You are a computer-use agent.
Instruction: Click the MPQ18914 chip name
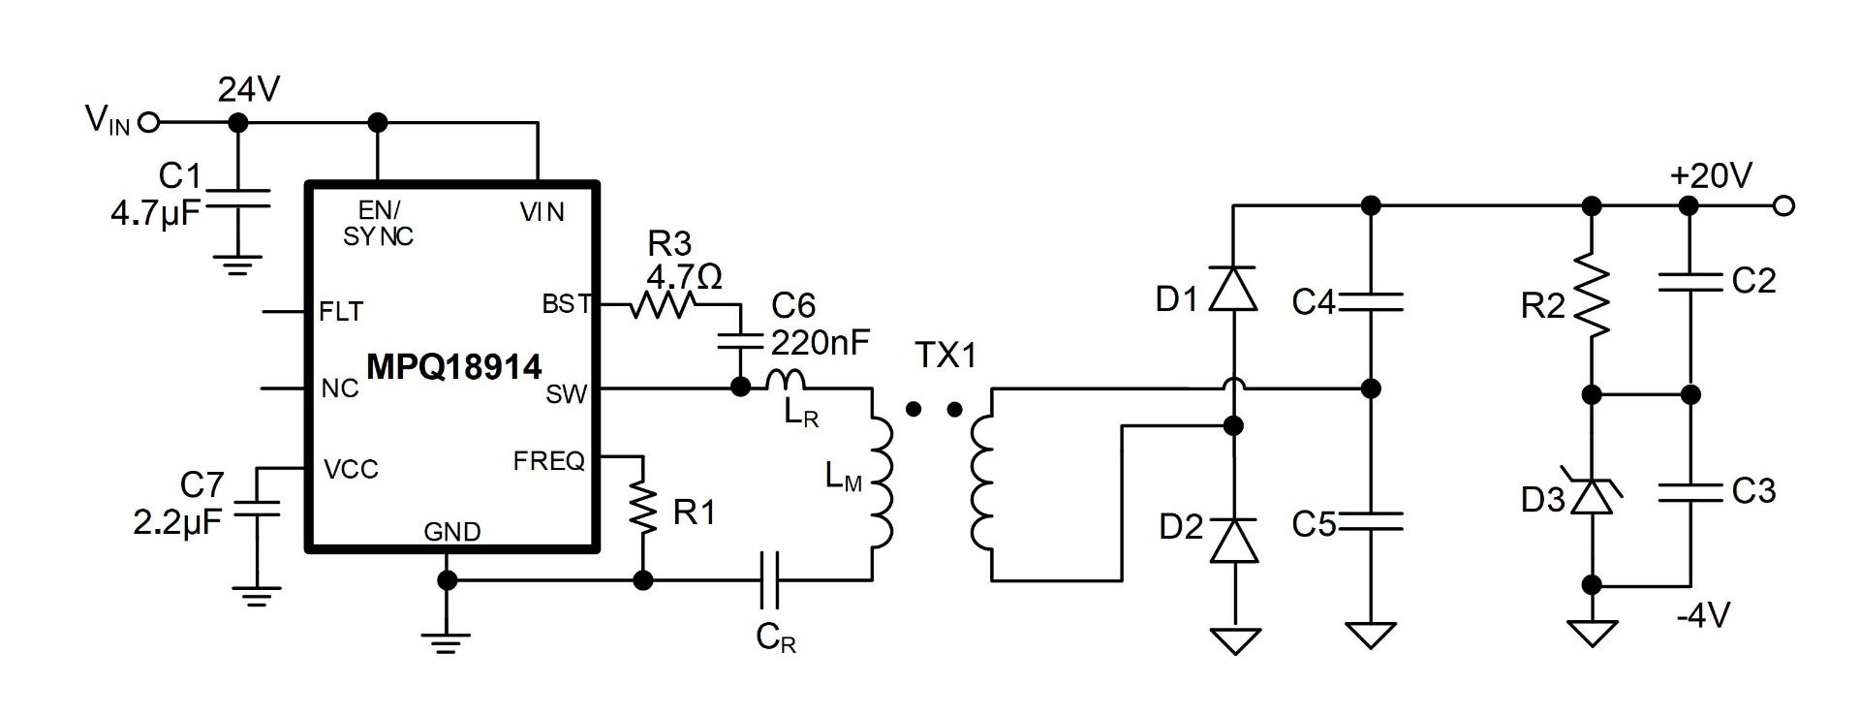pos(454,365)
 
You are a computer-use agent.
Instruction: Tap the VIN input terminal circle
pos(148,123)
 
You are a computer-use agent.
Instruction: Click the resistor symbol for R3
pos(663,306)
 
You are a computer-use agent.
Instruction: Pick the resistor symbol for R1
pos(642,512)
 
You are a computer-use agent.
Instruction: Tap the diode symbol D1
pos(1234,288)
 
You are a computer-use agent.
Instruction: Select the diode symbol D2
pos(1234,540)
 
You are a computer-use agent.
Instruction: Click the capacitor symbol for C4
pos(1370,301)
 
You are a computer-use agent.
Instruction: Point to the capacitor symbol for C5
pos(1370,522)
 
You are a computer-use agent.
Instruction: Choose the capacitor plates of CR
pos(771,580)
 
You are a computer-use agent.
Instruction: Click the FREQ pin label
pos(548,461)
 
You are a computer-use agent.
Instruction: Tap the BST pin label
pos(567,304)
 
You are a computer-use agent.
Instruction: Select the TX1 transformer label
pos(946,356)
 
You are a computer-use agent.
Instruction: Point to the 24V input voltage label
pos(248,90)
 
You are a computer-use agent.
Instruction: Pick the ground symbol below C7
pos(256,596)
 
